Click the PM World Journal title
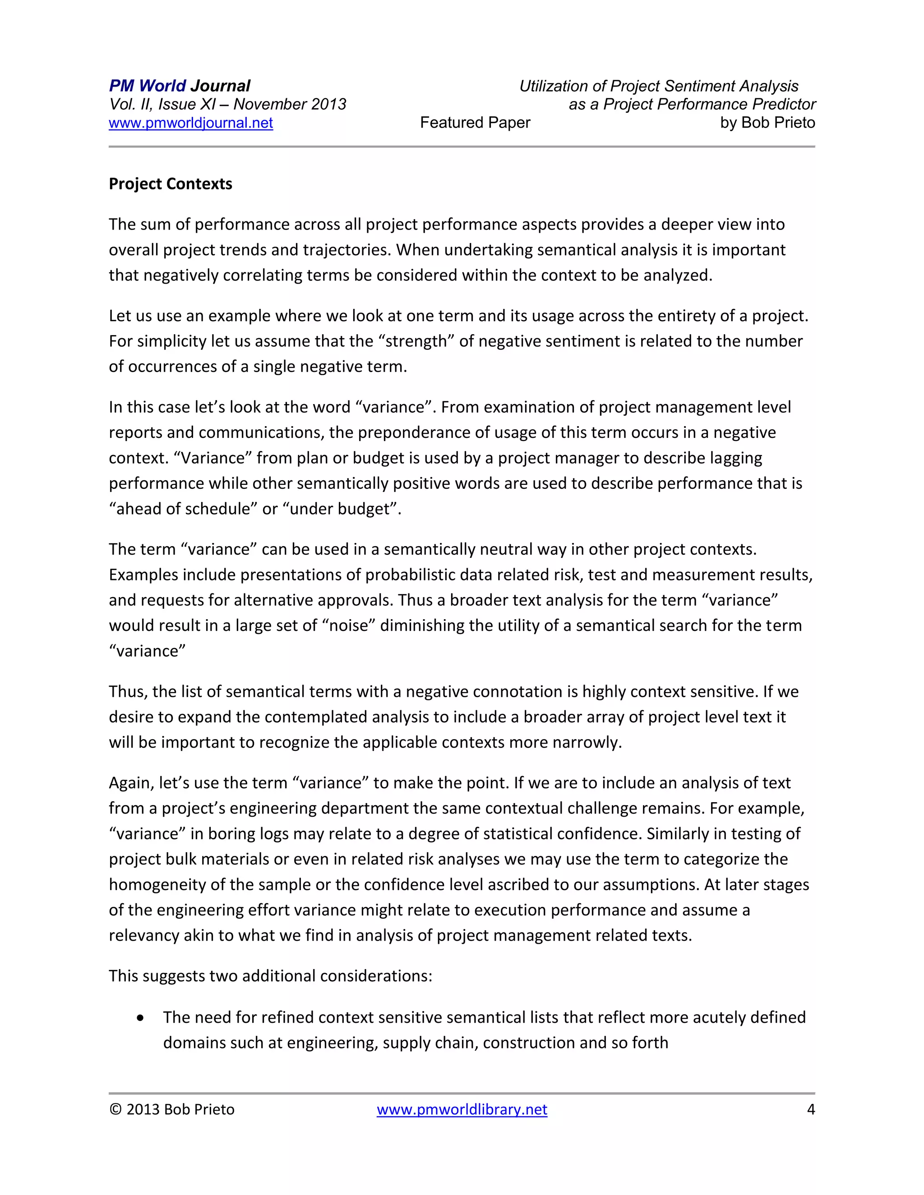click(x=180, y=86)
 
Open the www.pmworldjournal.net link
click(x=190, y=123)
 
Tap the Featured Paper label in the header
click(x=475, y=123)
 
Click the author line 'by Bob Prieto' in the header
click(x=767, y=123)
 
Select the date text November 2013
click(x=290, y=104)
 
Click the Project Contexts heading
click(x=170, y=184)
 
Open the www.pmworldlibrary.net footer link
click(x=462, y=1110)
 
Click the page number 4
click(x=811, y=1110)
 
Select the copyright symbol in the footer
click(x=115, y=1110)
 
